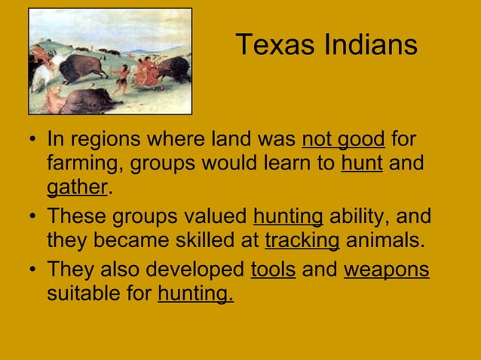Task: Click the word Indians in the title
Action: [x=369, y=45]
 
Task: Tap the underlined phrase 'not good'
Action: [x=343, y=141]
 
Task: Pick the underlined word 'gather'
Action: [x=78, y=185]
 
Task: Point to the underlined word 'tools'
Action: [x=272, y=270]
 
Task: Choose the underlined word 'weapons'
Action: [x=387, y=270]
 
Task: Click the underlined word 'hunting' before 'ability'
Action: [x=289, y=218]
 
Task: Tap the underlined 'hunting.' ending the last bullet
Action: [x=195, y=291]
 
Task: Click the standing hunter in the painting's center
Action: [x=120, y=78]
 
